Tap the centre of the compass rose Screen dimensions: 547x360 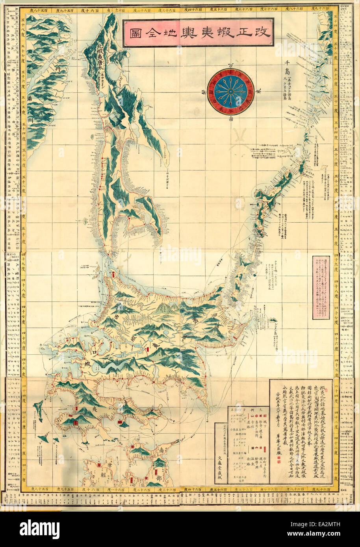pos(230,92)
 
